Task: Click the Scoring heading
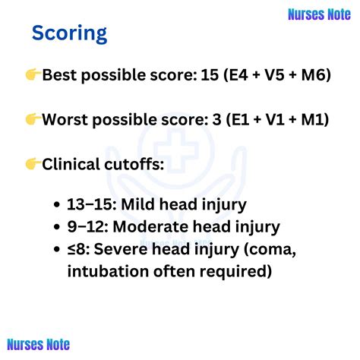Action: (x=69, y=33)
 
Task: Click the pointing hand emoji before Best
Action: (x=33, y=74)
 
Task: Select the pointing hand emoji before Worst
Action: (x=33, y=119)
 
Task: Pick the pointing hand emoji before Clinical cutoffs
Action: (x=33, y=164)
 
